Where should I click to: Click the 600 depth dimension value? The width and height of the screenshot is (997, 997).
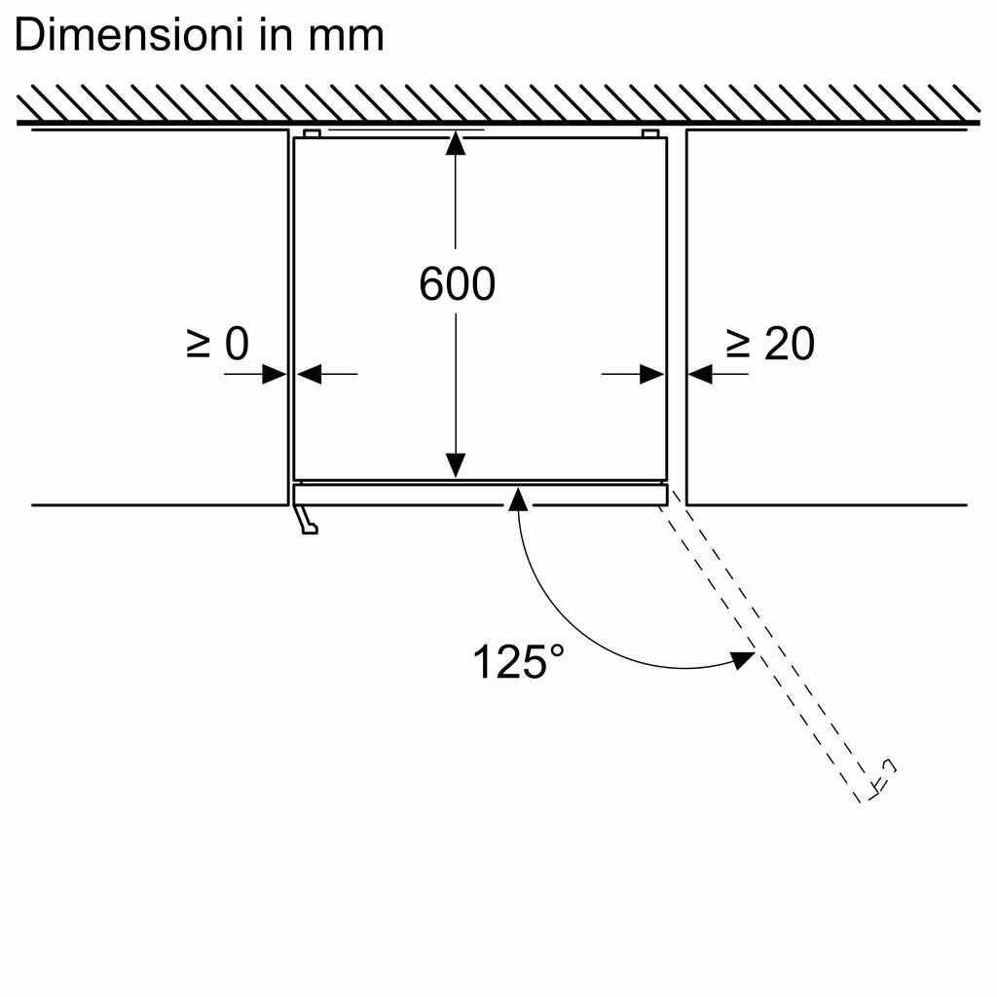[458, 283]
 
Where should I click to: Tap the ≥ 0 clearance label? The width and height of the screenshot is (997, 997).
[218, 344]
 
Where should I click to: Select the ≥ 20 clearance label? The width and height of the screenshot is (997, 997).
[771, 344]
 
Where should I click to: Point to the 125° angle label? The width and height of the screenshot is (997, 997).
[518, 662]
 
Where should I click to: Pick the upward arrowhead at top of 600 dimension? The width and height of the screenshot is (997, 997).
[456, 143]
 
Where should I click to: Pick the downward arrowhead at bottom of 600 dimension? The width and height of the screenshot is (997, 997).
[456, 464]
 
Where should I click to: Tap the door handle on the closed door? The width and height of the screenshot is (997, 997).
[305, 519]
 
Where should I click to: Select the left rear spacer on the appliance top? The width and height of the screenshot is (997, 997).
[312, 134]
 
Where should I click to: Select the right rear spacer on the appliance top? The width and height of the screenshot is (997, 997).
[649, 134]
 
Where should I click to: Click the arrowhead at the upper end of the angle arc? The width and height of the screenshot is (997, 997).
[519, 499]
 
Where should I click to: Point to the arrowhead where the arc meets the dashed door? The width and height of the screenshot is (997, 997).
[743, 659]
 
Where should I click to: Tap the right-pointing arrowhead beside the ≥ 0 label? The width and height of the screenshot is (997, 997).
[275, 374]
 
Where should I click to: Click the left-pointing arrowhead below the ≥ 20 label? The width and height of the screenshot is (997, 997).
[700, 374]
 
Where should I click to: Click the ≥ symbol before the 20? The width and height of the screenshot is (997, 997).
[738, 344]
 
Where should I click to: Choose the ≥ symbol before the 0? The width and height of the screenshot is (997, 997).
[198, 344]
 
